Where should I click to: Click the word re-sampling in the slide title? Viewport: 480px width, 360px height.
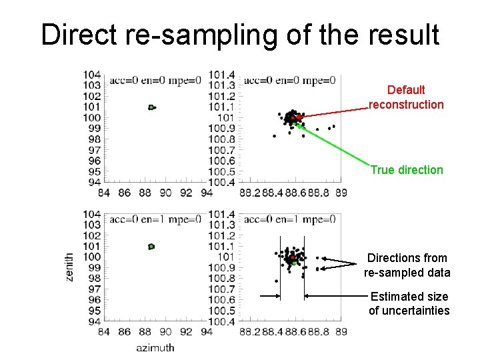(x=203, y=35)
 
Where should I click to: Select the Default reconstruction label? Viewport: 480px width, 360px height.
(x=406, y=97)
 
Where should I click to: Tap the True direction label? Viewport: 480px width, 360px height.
(x=406, y=170)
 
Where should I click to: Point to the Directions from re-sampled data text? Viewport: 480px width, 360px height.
(x=407, y=265)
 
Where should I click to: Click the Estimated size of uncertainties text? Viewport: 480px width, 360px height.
(x=409, y=304)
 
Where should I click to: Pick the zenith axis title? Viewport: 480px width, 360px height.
(x=69, y=266)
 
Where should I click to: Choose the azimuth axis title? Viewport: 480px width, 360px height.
(x=155, y=347)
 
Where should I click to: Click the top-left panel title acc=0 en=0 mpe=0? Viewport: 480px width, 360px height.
(x=155, y=81)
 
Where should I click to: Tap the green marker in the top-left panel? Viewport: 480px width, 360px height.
(x=151, y=107)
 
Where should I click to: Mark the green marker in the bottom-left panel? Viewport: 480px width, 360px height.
(x=151, y=246)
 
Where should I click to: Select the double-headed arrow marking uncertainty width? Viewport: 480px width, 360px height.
(x=292, y=295)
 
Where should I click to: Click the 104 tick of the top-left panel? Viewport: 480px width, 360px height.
(x=93, y=74)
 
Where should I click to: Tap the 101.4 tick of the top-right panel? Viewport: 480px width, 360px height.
(x=221, y=74)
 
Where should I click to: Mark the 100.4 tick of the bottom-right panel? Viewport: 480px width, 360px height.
(x=221, y=321)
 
